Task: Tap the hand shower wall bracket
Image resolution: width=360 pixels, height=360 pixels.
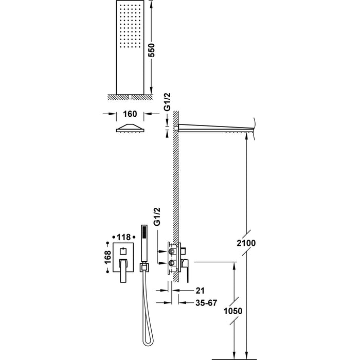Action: (x=145, y=266)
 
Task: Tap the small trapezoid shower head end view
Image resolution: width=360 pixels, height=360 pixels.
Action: (x=130, y=129)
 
